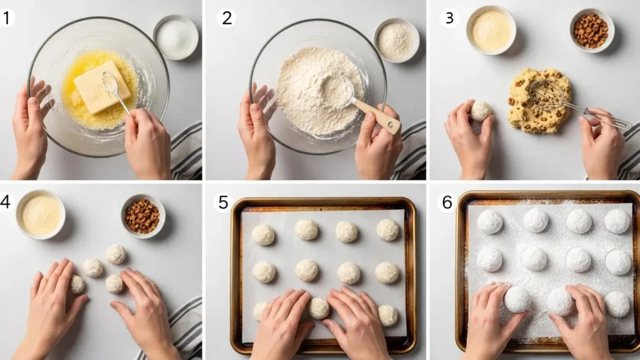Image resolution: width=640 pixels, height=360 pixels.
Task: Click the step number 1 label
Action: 6,18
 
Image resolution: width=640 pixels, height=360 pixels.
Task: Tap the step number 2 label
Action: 226,18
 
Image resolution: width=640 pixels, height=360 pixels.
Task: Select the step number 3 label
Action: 449,18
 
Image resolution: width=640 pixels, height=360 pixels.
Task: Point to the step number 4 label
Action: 5,202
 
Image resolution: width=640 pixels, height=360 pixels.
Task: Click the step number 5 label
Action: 223,202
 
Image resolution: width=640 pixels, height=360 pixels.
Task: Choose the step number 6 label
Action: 447,202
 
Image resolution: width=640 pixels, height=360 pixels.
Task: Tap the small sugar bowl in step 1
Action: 176,37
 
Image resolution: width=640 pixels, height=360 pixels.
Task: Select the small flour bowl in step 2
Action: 396,41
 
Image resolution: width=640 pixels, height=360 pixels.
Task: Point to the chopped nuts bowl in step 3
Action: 592,31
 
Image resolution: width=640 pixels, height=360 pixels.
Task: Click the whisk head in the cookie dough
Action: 547,95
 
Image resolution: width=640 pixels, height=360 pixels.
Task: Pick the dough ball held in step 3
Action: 481,111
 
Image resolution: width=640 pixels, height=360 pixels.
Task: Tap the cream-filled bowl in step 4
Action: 41,214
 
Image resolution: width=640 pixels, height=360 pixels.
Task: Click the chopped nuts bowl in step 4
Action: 143,216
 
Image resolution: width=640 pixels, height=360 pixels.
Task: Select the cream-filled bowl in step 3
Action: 491,30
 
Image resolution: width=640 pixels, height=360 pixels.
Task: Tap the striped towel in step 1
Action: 186,151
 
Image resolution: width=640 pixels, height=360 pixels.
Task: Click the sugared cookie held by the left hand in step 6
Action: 517,299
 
